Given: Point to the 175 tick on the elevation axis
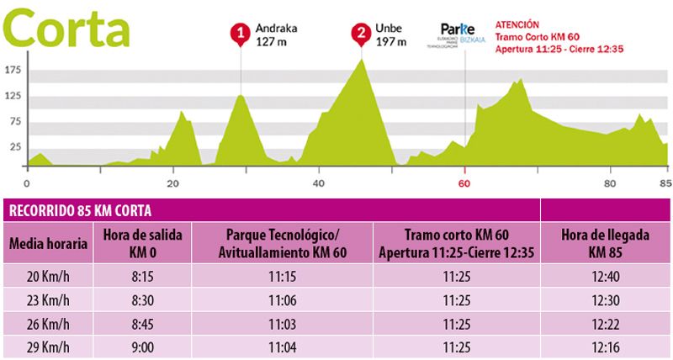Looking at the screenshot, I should click(x=13, y=71).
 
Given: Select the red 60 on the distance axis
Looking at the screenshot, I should click(x=464, y=182).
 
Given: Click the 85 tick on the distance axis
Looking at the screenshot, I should click(x=665, y=182).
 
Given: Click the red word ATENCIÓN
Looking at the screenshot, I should click(x=517, y=25).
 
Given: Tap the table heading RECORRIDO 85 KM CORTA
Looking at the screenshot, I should click(x=81, y=210).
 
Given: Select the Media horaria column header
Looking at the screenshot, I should click(x=48, y=244).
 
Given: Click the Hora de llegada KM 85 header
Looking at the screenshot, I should click(x=605, y=243).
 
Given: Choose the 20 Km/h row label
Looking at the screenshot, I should click(x=48, y=276).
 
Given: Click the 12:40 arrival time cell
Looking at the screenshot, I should click(x=605, y=276).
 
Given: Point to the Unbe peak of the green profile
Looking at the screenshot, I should click(x=363, y=61).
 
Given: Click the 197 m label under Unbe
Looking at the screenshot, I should click(x=390, y=41).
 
